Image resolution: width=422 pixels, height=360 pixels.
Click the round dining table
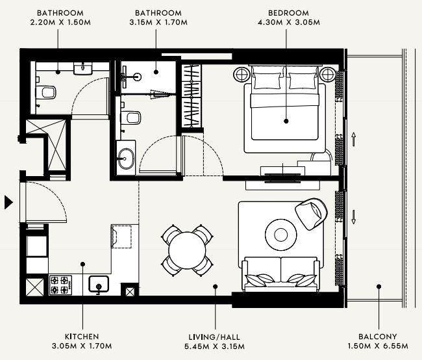[x=187, y=250]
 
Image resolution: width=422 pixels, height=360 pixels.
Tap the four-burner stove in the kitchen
[x=61, y=285]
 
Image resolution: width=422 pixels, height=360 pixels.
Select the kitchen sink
[x=99, y=284]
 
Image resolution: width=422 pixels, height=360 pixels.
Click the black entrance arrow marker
[x=8, y=203]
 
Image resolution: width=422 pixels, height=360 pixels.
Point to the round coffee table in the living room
[x=280, y=235]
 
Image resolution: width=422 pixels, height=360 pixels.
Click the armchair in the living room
[x=312, y=214]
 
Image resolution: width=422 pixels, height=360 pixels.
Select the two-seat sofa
[x=280, y=274]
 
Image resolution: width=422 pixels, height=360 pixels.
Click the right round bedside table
[x=327, y=74]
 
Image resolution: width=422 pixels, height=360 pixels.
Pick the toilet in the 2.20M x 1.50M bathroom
[x=46, y=92]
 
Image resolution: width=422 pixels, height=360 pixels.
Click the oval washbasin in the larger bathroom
[x=126, y=159]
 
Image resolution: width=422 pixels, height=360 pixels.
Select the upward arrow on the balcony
[x=354, y=139]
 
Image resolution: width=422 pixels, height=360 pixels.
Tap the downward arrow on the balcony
[x=354, y=217]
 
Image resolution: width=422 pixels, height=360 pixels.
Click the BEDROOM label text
[x=288, y=13]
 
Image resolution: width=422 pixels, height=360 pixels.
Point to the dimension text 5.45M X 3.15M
[x=214, y=346]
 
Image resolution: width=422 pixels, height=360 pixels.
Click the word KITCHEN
[x=82, y=337]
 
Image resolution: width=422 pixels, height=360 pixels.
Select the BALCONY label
[x=378, y=337]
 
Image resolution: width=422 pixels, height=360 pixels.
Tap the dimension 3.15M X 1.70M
[x=158, y=22]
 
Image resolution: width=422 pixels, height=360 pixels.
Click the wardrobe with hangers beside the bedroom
[x=192, y=96]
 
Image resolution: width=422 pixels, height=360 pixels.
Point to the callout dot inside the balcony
[x=379, y=287]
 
